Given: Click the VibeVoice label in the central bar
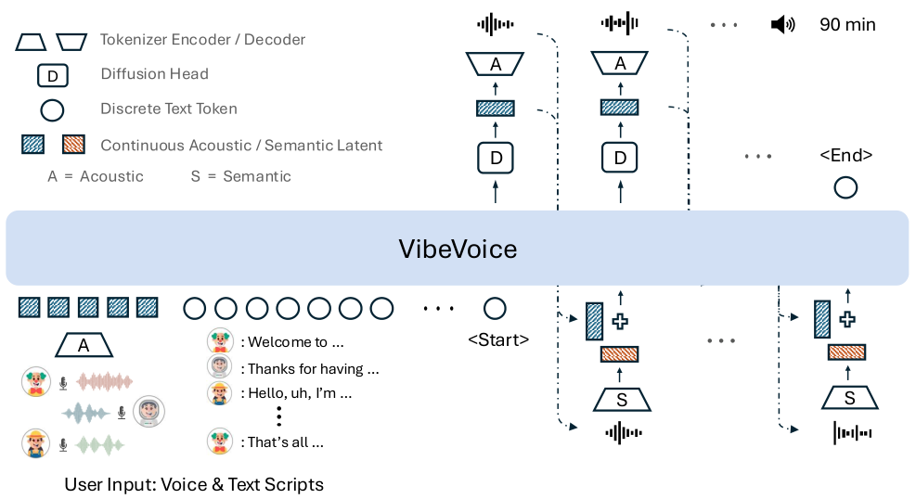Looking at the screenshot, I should point(457,249).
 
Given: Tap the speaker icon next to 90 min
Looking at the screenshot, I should point(782,25).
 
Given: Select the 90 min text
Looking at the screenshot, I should point(846,25).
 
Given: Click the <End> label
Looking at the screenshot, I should point(845,156).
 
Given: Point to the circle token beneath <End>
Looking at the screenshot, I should point(845,188).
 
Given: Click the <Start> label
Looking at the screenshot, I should point(497,339).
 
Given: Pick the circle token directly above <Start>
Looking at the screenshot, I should point(496,307).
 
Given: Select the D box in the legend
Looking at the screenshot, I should point(52,74).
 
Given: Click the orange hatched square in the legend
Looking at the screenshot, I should point(73,145).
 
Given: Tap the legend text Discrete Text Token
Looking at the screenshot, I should point(169,109).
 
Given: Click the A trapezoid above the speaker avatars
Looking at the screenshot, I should point(84,346).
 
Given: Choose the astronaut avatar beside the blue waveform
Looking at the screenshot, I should point(148,411).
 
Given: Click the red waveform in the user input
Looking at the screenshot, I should point(105,380).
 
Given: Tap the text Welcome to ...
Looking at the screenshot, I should point(288,342).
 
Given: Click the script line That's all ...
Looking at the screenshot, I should point(285,442).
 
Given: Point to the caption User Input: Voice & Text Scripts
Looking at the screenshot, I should point(194,484).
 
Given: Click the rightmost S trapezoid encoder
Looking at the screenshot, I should point(848,397).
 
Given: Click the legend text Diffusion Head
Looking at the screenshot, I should point(154,74).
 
